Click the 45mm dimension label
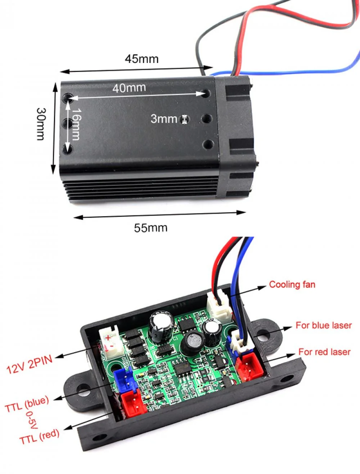click(141, 59)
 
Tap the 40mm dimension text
click(129, 87)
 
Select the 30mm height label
click(41, 124)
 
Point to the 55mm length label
click(150, 228)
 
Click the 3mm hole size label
click(164, 118)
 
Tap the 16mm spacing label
click(76, 124)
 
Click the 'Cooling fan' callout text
click(292, 285)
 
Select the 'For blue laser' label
click(323, 325)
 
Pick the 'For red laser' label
click(324, 352)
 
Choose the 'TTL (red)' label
click(39, 437)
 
